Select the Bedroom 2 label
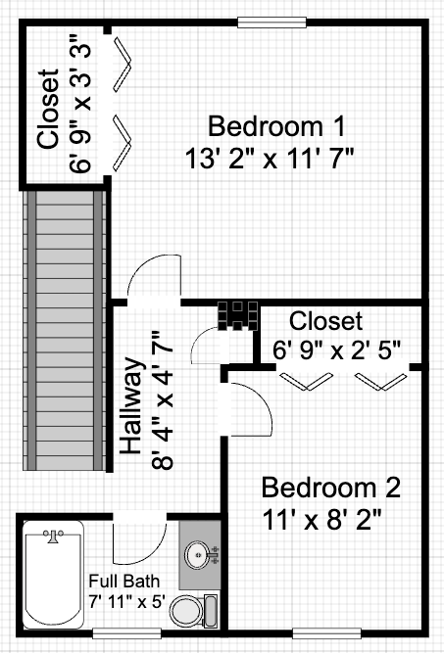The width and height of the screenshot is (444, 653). point(330,487)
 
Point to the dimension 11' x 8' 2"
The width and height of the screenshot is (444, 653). point(321,518)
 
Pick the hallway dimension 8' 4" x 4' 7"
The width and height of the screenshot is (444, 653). point(160,401)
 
